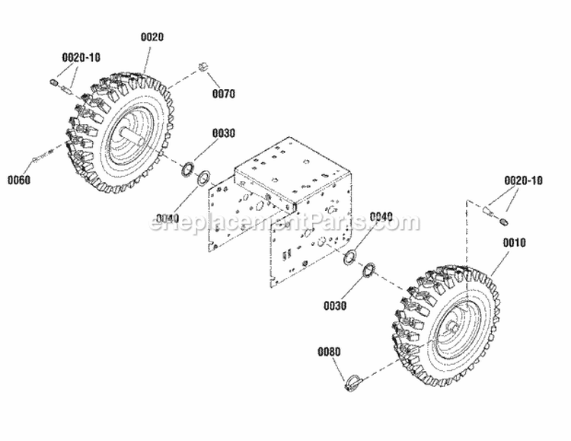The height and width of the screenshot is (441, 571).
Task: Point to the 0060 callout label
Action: [x=19, y=181]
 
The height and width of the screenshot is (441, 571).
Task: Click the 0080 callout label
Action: [x=330, y=353]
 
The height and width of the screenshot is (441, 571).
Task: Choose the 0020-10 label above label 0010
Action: [x=523, y=181]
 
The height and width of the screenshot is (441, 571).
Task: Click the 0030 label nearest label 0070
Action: [x=223, y=133]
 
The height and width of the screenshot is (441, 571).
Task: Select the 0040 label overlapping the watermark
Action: [x=382, y=217]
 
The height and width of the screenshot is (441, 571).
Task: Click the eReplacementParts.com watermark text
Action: [x=286, y=222]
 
